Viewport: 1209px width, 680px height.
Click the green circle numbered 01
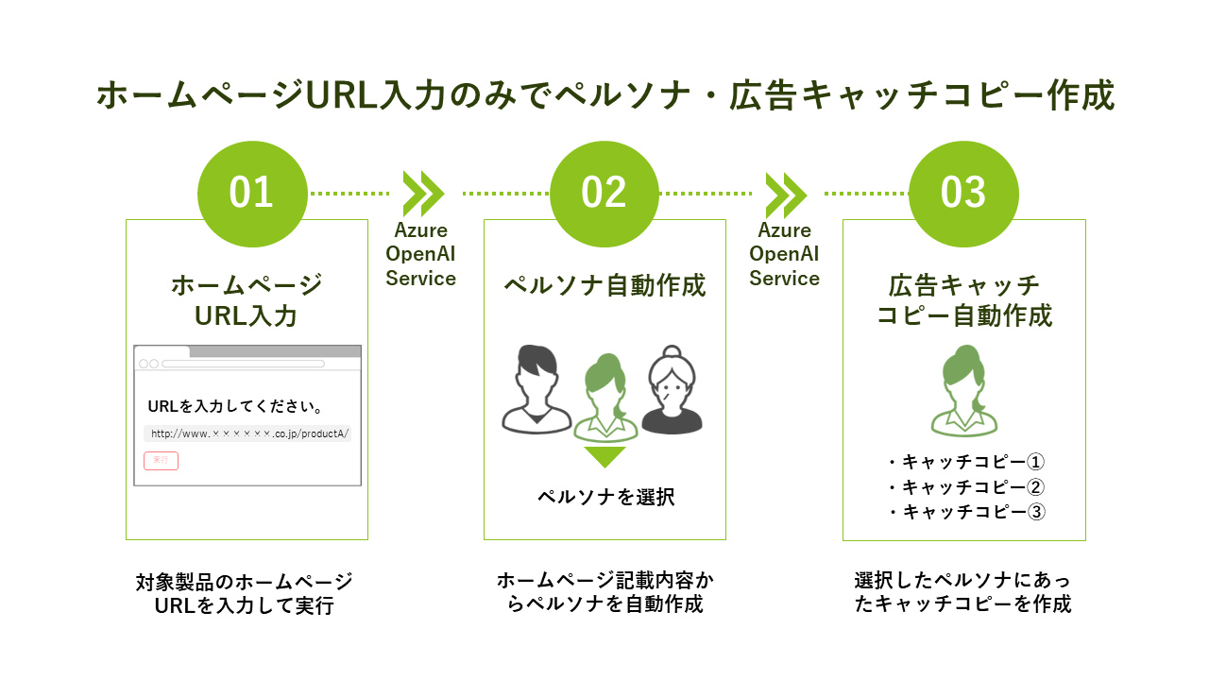coord(252,194)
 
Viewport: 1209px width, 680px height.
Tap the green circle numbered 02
coord(604,194)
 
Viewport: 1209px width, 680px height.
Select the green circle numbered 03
coord(963,194)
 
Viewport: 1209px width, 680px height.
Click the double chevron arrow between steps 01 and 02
coord(423,194)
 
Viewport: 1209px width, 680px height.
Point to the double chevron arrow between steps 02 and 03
coord(786,194)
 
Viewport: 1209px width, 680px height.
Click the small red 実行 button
coord(161,460)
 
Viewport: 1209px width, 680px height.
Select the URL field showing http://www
coord(247,434)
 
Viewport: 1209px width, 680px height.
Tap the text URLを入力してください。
coord(237,407)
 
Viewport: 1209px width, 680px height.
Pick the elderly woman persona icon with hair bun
coord(672,390)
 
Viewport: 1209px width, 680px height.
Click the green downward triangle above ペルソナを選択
coord(604,457)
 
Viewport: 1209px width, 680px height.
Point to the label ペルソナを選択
coord(605,497)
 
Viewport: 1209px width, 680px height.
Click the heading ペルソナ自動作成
coord(604,285)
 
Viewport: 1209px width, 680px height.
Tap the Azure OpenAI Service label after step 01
coord(421,254)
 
